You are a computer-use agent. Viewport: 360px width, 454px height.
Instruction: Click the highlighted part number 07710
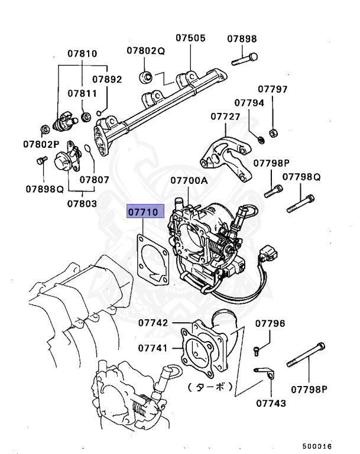click(x=144, y=212)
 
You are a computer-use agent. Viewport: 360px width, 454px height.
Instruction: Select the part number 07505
click(x=190, y=38)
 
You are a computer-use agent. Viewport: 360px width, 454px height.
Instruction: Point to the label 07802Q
click(x=145, y=51)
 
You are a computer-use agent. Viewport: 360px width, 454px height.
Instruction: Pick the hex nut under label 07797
click(x=273, y=131)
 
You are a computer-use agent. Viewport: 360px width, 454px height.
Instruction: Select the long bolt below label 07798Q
click(x=300, y=203)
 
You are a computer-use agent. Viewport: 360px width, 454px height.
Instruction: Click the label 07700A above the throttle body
click(x=189, y=180)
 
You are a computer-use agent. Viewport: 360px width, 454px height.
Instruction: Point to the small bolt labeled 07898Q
click(x=43, y=160)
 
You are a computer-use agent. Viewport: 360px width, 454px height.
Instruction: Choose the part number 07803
click(x=81, y=203)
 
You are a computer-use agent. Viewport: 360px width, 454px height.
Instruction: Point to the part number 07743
click(x=271, y=403)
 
